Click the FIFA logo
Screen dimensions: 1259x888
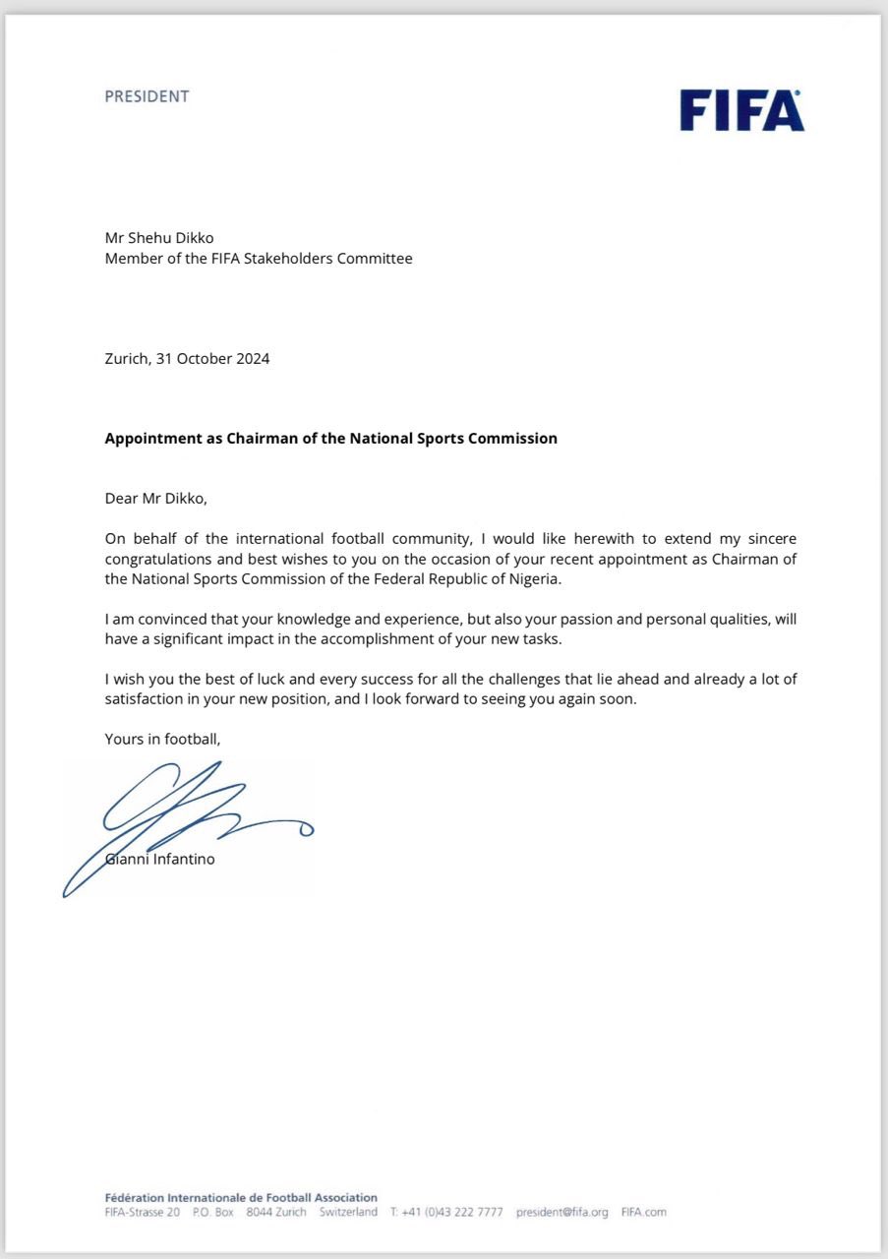[741, 110]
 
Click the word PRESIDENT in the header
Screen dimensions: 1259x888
[147, 96]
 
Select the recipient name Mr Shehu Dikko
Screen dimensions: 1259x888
[158, 238]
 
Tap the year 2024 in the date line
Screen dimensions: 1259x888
[253, 358]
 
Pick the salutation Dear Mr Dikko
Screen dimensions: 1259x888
[156, 498]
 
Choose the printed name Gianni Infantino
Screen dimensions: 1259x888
[159, 859]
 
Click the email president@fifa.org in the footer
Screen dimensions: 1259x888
[562, 1212]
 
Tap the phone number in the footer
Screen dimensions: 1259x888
[445, 1212]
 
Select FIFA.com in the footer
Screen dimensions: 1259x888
[643, 1212]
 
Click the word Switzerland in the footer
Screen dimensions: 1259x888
[348, 1212]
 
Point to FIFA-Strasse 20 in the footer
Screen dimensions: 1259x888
[142, 1212]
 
